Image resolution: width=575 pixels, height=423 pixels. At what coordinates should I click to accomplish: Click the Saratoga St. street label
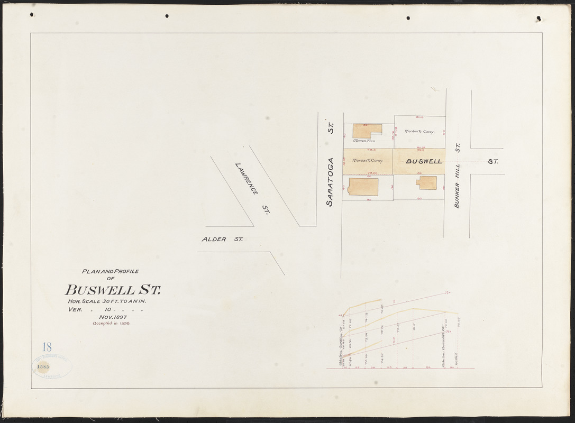[330, 162]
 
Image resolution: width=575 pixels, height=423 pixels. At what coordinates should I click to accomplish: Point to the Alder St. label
[222, 240]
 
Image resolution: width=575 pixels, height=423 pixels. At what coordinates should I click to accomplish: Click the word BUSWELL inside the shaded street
[424, 161]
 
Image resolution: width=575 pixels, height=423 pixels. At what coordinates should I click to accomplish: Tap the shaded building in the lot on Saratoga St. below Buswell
[363, 187]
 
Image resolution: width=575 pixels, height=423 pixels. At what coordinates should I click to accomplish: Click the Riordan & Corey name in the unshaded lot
[419, 132]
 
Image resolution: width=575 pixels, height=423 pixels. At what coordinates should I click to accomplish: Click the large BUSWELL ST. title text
[113, 290]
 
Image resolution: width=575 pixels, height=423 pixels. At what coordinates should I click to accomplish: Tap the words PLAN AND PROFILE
[110, 271]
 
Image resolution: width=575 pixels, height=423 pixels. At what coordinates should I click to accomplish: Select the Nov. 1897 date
[109, 316]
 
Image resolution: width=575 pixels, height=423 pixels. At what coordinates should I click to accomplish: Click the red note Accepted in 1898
[111, 323]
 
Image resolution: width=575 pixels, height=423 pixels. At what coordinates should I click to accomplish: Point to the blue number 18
[47, 347]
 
